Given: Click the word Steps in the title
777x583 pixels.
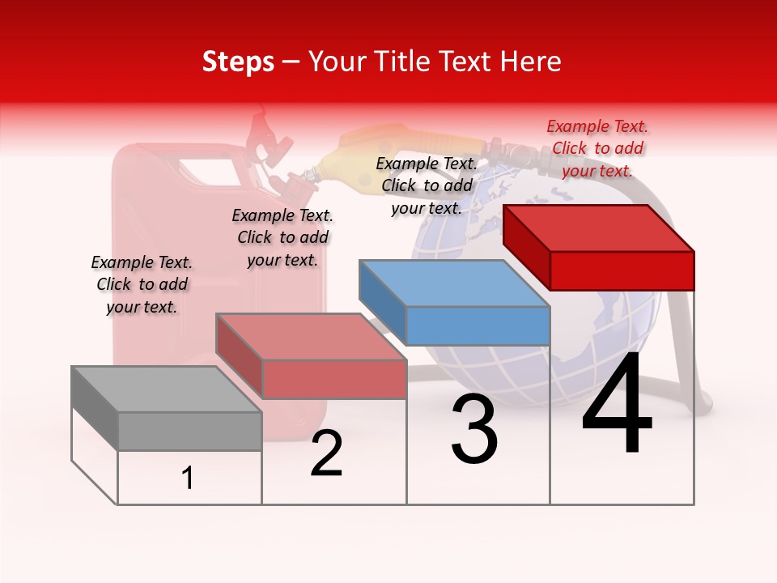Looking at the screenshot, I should tap(238, 62).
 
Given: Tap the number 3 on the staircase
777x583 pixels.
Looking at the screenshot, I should tap(473, 430).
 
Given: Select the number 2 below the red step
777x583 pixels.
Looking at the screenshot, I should tap(326, 454).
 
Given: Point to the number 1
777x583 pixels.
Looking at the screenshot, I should tap(188, 479).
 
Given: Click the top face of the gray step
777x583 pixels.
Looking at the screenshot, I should tap(166, 389).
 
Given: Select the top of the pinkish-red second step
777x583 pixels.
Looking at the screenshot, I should tap(311, 337).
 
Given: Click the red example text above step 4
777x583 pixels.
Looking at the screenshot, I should tap(597, 148).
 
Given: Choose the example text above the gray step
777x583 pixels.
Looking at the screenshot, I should tap(142, 284).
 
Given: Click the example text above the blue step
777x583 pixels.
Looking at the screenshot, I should tap(427, 185).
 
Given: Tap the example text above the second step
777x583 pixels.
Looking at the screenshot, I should tap(282, 237).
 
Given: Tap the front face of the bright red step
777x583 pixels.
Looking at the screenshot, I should tap(622, 270).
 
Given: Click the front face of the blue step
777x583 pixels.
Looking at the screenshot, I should tap(478, 326).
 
